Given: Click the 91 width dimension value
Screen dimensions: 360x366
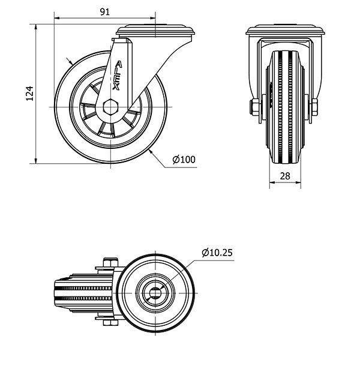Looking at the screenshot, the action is (x=105, y=11).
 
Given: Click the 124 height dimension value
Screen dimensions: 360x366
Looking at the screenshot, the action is (x=29, y=94).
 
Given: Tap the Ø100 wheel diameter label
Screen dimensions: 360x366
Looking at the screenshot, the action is (x=184, y=160).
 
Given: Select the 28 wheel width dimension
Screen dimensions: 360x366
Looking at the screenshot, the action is (x=285, y=176).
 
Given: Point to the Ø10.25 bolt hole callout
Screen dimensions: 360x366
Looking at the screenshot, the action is (x=217, y=253).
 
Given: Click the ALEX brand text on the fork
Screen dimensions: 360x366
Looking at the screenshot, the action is (x=117, y=76).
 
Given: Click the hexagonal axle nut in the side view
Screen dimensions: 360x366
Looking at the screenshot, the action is (x=110, y=107).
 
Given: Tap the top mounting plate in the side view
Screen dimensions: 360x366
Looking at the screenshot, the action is (x=155, y=31).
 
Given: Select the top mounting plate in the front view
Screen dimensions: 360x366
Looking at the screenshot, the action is (x=285, y=30).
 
